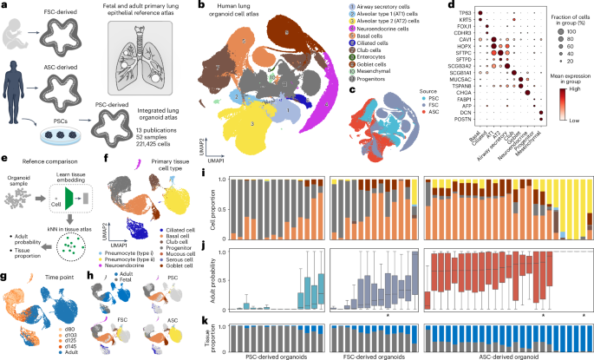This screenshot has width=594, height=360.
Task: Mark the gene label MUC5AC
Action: [446, 85]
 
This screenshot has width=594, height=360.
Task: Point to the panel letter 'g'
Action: [4, 276]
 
